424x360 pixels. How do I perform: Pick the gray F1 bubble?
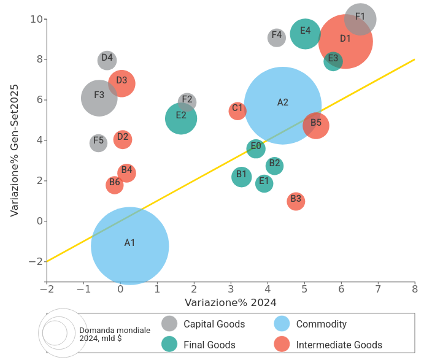[360, 19]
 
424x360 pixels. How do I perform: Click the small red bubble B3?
[296, 201]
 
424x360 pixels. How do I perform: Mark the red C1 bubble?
[237, 110]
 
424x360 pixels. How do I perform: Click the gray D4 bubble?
[107, 60]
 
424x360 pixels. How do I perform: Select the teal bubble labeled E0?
[256, 148]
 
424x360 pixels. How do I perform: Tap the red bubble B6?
[115, 184]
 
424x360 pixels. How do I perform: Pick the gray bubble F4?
[277, 37]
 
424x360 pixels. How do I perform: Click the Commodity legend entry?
[321, 324]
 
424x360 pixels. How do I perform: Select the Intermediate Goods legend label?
[339, 345]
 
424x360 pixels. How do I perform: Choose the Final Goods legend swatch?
[169, 344]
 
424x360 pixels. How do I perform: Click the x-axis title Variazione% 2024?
[231, 302]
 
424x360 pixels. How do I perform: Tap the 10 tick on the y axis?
[36, 19]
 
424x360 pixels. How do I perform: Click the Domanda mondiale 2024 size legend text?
[115, 334]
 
